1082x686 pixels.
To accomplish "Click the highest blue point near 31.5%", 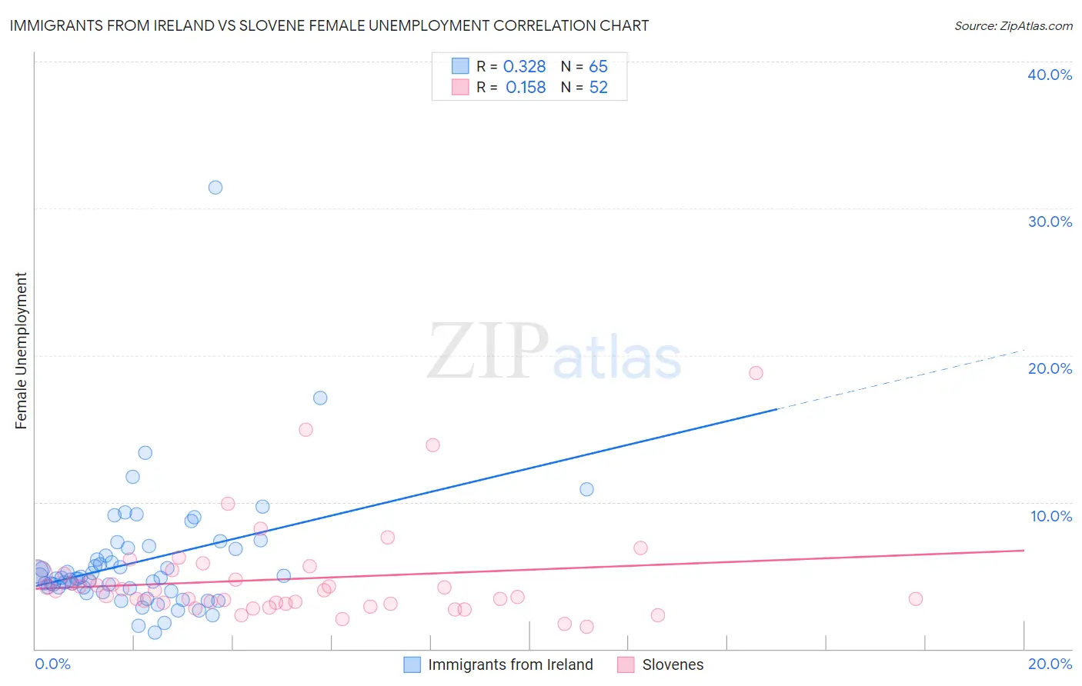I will (215, 188).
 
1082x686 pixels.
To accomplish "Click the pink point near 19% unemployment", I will (756, 373).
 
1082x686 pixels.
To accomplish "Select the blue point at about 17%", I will (320, 398).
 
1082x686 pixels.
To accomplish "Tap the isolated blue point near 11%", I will (586, 489).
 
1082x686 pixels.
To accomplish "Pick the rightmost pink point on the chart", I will (915, 599).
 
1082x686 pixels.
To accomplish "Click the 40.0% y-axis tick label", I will (1050, 75).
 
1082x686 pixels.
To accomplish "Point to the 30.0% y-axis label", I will (1050, 221).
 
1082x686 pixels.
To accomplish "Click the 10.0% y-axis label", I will (1051, 516).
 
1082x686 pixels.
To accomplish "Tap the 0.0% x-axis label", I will (53, 664).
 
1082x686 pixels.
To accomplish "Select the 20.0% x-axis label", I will (1050, 664).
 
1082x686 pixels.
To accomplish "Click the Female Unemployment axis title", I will (21, 351).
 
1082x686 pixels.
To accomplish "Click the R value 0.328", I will (524, 67).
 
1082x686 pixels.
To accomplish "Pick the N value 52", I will (598, 88).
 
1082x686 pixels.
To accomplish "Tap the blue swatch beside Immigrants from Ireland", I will (412, 664).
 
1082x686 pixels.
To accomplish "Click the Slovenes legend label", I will (673, 664).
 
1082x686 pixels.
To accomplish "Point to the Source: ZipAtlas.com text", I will (1013, 26).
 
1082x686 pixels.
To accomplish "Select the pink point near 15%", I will (306, 430).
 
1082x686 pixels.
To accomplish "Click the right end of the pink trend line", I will (1023, 551).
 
